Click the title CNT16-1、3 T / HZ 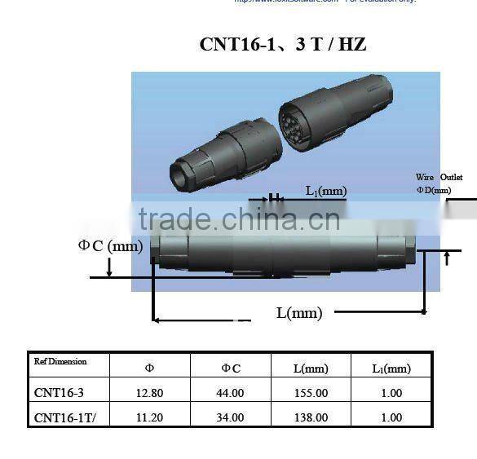pyautogui.click(x=282, y=45)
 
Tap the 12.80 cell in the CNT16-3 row pyautogui.click(x=149, y=393)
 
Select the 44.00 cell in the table pyautogui.click(x=231, y=393)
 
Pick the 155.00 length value pyautogui.click(x=311, y=393)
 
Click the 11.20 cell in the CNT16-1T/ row pyautogui.click(x=149, y=417)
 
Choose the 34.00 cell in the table pyautogui.click(x=231, y=417)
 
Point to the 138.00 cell pyautogui.click(x=311, y=417)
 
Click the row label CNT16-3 pyautogui.click(x=59, y=393)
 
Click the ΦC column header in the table pyautogui.click(x=231, y=369)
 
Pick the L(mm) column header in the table pyautogui.click(x=311, y=369)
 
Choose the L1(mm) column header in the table pyautogui.click(x=391, y=369)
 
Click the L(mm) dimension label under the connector pyautogui.click(x=298, y=312)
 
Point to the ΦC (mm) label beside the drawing pyautogui.click(x=110, y=245)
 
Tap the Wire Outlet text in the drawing pyautogui.click(x=439, y=177)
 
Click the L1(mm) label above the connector pyautogui.click(x=326, y=191)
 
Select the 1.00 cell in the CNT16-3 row pyautogui.click(x=391, y=393)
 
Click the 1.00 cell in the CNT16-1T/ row pyautogui.click(x=391, y=417)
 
